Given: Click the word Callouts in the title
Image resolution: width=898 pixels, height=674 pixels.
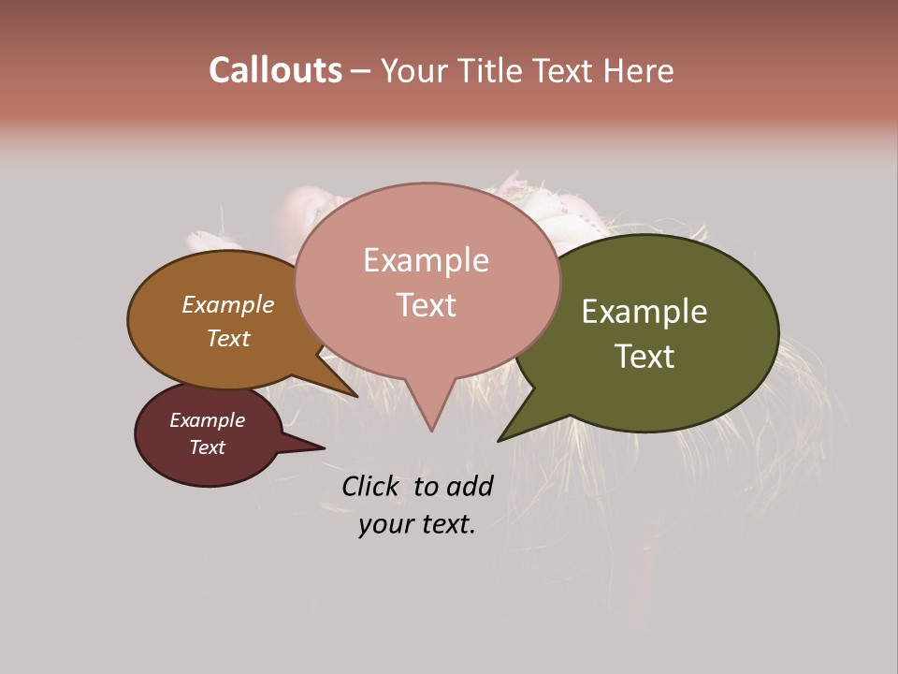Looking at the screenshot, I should coord(275,70).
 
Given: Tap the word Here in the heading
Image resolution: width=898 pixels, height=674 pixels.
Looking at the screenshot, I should coord(639,71).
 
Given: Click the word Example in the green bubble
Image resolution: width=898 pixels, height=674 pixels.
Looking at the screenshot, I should coord(645,312).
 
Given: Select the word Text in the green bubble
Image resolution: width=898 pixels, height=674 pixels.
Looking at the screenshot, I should coord(645,357).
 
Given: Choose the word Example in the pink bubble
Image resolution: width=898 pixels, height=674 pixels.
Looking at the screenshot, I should coord(426,260).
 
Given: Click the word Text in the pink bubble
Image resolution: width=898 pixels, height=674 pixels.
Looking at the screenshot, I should coord(426,305).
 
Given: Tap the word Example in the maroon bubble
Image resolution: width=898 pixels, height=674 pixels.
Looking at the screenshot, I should coord(207,420).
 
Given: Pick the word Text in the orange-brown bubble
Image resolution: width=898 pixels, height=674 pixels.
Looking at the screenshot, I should coord(227,338).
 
